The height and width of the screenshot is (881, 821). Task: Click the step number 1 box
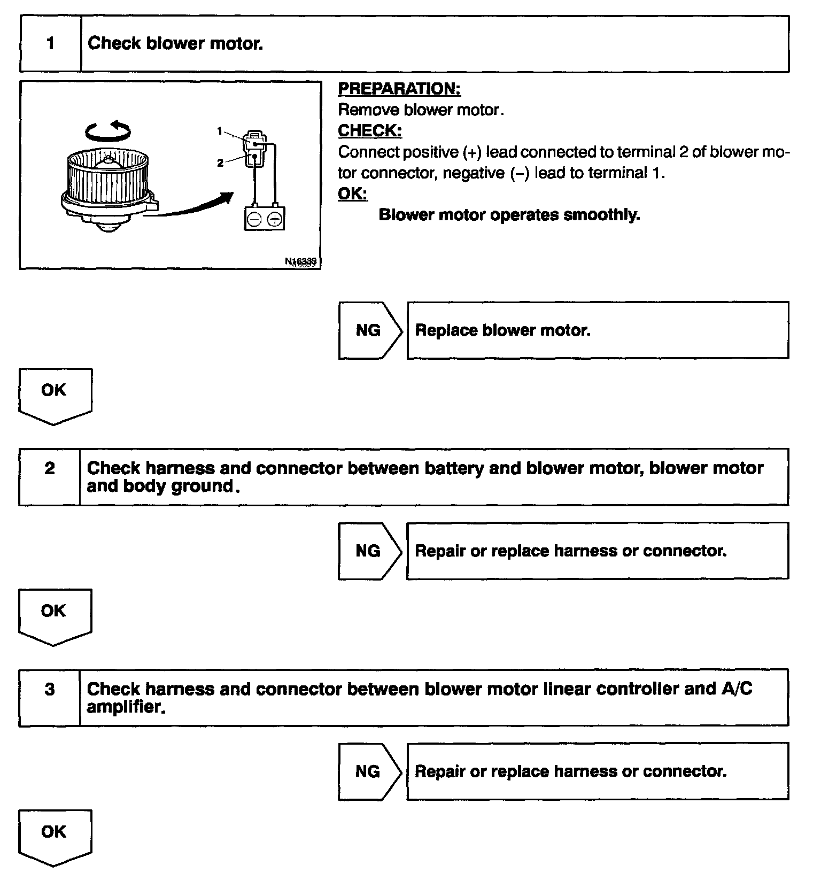(x=51, y=44)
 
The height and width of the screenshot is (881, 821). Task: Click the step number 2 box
(x=50, y=469)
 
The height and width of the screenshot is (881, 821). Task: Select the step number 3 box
(x=50, y=690)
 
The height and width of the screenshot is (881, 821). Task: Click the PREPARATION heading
(x=399, y=89)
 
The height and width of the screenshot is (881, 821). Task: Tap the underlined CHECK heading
(x=370, y=130)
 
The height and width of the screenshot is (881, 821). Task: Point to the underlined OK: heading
(x=353, y=194)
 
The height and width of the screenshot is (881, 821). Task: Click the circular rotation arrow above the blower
(x=109, y=130)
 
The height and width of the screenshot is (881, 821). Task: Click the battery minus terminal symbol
(x=255, y=219)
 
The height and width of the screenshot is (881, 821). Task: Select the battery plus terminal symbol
(x=274, y=219)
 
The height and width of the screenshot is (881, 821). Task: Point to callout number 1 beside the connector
(x=219, y=130)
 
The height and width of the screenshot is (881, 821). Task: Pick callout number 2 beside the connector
(x=220, y=163)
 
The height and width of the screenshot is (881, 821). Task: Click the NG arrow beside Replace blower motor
(x=369, y=330)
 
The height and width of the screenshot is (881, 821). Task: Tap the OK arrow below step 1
(x=55, y=394)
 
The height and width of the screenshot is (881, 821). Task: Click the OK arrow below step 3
(x=55, y=835)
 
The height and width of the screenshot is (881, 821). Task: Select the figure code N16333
(x=301, y=261)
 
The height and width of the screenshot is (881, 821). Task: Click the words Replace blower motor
(x=502, y=330)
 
